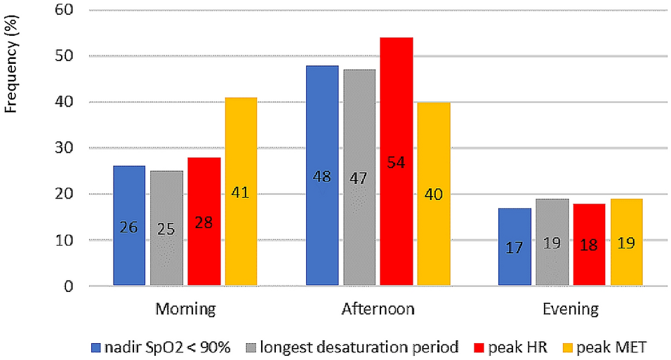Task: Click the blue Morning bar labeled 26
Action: (x=129, y=226)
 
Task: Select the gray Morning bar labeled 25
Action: (x=166, y=229)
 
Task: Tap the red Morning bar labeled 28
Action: (x=204, y=222)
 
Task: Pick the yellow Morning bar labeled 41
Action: (x=241, y=192)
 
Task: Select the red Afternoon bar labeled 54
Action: (x=397, y=161)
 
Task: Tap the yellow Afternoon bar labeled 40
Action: (x=434, y=194)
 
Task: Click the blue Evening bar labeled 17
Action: (x=514, y=247)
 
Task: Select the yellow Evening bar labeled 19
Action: (x=626, y=242)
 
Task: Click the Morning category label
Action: (x=185, y=309)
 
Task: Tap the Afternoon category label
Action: (x=378, y=309)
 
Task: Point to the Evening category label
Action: (x=570, y=309)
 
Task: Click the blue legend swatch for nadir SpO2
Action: (x=95, y=347)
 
